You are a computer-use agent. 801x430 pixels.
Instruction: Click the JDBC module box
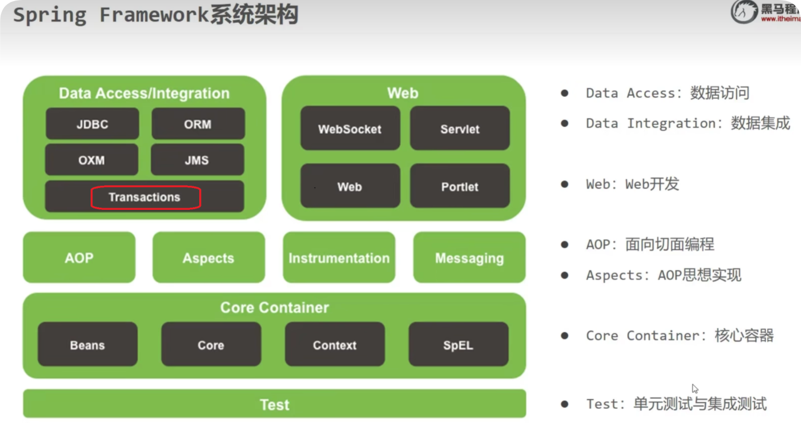point(92,124)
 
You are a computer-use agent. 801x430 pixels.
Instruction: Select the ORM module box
point(198,124)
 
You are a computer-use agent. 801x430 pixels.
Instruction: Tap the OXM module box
point(92,160)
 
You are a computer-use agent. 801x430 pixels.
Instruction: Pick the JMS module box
point(198,160)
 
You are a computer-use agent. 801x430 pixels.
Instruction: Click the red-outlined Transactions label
point(146,197)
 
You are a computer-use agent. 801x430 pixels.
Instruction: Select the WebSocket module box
point(350,129)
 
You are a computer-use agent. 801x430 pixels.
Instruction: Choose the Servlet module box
point(460,129)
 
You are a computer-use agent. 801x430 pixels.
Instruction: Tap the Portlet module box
point(460,186)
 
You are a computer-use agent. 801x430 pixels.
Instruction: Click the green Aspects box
point(209,257)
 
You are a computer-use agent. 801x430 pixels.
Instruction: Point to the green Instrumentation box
point(339,257)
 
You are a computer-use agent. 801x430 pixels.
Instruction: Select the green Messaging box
point(469,257)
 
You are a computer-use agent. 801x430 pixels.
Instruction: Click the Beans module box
point(87,345)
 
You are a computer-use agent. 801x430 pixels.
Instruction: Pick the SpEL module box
point(458,345)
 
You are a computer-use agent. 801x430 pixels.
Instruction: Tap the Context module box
point(335,345)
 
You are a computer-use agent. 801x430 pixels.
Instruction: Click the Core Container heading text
point(274,308)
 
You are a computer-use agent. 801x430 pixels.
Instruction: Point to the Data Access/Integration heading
point(144,93)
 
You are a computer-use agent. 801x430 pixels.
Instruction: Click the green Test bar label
point(274,404)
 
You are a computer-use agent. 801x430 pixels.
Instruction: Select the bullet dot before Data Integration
point(565,123)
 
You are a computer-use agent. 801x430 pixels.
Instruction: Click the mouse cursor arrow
point(695,388)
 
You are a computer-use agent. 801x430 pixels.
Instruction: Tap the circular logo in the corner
point(744,12)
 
